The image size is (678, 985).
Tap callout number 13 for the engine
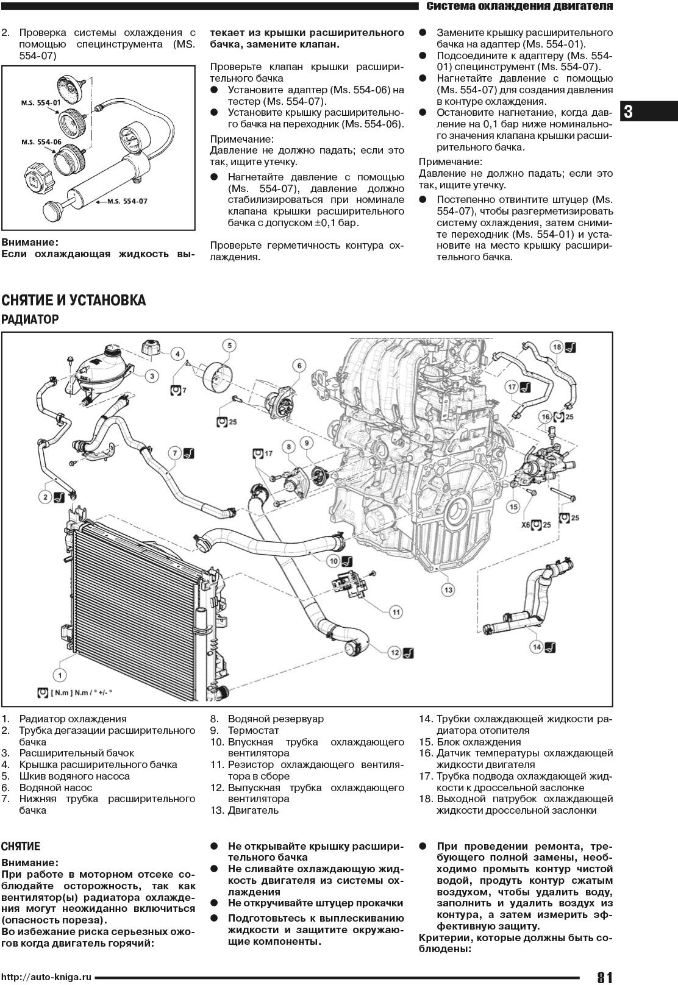[x=448, y=589]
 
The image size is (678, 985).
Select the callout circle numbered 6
[x=299, y=366]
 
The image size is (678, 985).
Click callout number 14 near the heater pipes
[x=536, y=647]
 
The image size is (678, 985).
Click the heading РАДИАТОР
[x=30, y=319]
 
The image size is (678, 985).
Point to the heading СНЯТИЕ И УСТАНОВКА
[x=74, y=300]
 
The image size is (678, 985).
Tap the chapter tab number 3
[x=629, y=112]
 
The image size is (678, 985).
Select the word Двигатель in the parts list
[x=253, y=811]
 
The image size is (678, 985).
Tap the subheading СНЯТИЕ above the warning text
[x=21, y=847]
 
